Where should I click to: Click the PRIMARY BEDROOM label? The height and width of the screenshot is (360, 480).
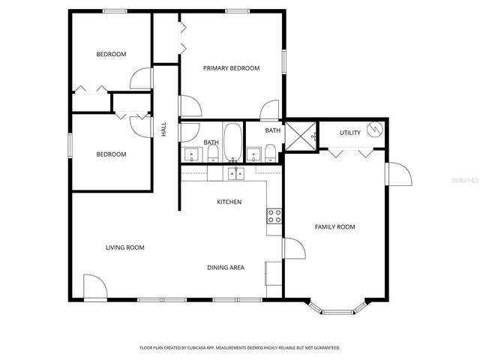[231, 68]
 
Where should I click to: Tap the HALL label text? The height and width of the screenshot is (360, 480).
[163, 129]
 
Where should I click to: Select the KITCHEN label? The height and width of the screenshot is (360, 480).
[229, 202]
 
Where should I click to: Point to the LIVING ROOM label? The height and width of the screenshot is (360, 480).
[124, 247]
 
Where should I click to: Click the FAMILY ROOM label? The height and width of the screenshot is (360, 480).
[334, 226]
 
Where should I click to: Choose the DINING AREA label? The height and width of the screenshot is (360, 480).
[226, 268]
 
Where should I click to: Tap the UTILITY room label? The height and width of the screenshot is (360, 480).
[349, 133]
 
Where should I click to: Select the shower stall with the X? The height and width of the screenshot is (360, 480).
[301, 137]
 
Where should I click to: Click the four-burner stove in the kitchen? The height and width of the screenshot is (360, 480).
[274, 217]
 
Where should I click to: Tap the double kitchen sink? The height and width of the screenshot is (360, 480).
[235, 174]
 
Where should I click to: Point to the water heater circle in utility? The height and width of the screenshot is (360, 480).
[376, 128]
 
